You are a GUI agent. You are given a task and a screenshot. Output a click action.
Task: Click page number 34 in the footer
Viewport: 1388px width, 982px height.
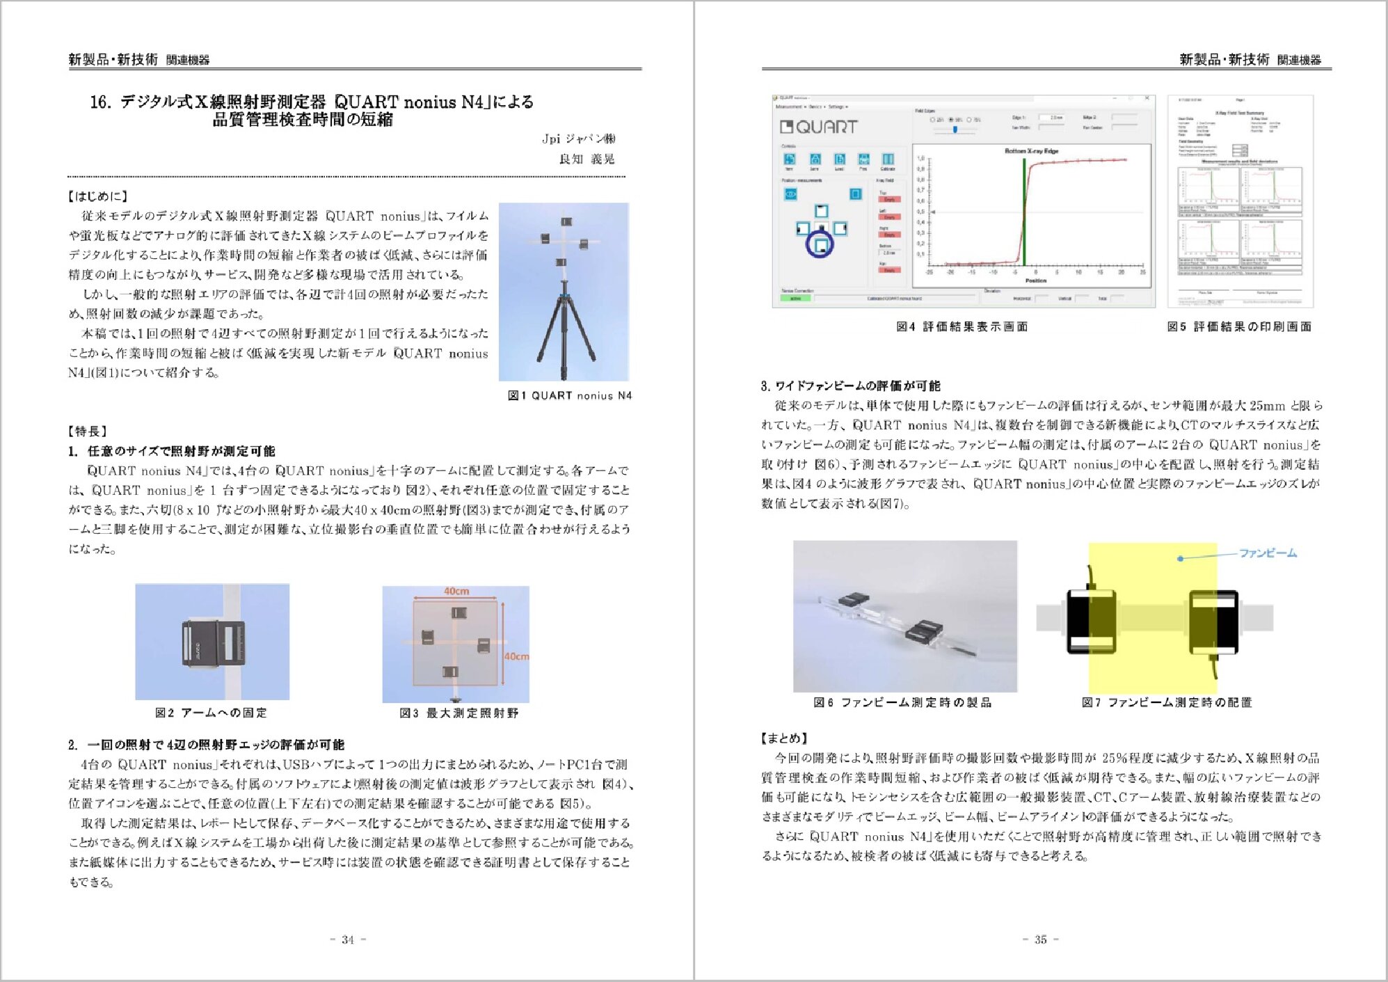point(348,940)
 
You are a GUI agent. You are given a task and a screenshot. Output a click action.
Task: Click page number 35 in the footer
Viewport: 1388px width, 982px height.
point(1041,940)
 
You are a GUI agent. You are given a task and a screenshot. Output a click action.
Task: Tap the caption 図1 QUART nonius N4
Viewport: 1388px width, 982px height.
point(570,395)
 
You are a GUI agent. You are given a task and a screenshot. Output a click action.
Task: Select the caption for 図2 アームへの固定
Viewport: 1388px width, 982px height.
point(211,713)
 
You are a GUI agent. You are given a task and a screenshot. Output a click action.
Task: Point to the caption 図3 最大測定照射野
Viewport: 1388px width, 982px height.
point(459,713)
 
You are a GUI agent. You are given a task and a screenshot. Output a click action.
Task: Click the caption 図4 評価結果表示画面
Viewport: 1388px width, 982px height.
point(962,326)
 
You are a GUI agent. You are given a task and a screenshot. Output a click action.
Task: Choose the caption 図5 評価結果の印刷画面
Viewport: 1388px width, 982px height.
point(1239,326)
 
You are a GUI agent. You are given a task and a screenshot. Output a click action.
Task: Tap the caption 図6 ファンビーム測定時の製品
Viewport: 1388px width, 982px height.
point(902,702)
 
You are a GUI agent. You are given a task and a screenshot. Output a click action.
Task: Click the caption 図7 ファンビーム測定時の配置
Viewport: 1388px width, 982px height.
point(1167,702)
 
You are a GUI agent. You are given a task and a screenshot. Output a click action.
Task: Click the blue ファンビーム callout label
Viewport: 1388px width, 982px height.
point(1268,553)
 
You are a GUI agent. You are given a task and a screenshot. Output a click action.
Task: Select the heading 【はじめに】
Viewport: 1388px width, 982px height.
point(98,196)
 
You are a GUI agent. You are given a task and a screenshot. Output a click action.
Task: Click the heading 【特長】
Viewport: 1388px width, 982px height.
point(88,431)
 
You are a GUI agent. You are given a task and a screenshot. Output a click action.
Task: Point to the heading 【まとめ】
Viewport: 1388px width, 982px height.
point(785,738)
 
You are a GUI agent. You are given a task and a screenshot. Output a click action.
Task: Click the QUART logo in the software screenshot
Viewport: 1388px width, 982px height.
point(819,127)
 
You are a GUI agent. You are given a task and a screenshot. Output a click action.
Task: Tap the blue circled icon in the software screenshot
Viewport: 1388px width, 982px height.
point(820,244)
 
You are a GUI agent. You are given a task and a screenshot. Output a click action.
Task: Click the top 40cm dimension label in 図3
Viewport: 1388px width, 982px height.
point(456,591)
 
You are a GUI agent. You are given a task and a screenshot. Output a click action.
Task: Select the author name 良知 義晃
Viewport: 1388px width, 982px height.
point(587,159)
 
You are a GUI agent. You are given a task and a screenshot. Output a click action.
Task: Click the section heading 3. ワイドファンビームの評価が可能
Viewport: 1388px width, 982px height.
point(850,386)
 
